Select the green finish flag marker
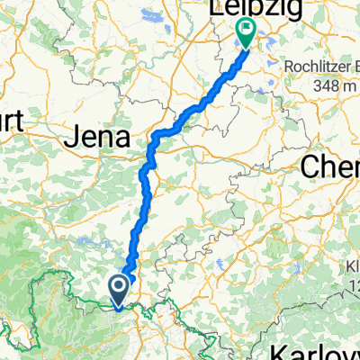(247, 33)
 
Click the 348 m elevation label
(326, 85)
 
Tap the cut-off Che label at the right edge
(330, 166)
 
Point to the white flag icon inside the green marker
(247, 31)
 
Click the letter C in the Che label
(310, 166)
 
